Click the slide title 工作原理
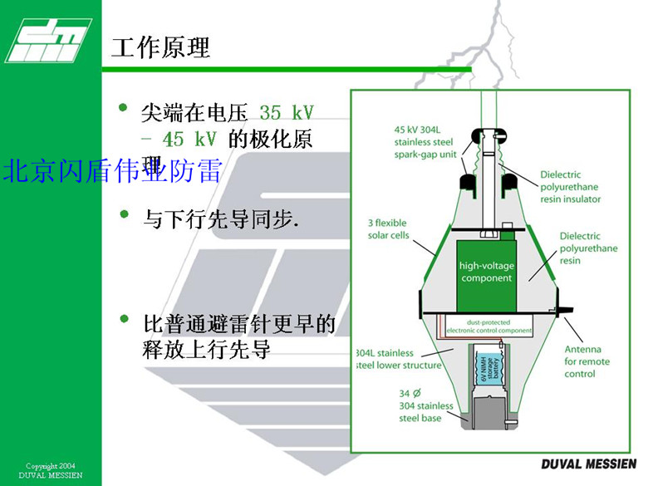coord(160,47)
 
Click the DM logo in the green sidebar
coord(47,38)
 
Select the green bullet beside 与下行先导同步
coord(125,214)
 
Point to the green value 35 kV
coord(286,112)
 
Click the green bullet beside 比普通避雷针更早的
coord(125,318)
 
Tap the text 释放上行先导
coord(208,350)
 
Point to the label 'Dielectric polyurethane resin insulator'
coord(569,187)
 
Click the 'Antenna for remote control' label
coord(587,361)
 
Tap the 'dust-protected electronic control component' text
coord(488,326)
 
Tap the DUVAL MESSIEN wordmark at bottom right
coord(587,463)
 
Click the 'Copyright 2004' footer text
coord(51,466)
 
